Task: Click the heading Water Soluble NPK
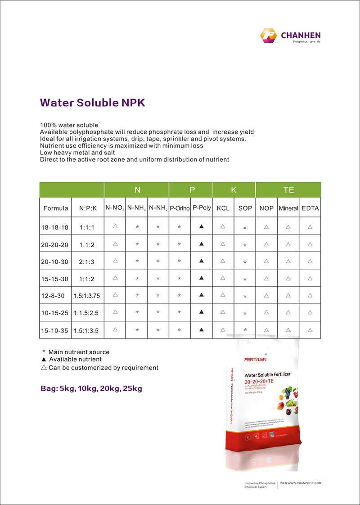click(x=93, y=103)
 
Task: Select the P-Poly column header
click(x=202, y=208)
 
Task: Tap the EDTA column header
click(x=310, y=208)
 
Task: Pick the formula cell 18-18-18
click(x=54, y=227)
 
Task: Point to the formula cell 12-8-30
click(x=54, y=296)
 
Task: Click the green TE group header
click(x=288, y=190)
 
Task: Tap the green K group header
click(x=234, y=190)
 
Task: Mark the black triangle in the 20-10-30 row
click(x=202, y=261)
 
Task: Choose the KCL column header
click(x=223, y=208)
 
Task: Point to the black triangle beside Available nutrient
click(x=44, y=360)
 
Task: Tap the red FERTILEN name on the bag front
click(x=255, y=359)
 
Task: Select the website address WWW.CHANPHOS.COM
click(x=301, y=483)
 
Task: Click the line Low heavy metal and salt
click(x=77, y=153)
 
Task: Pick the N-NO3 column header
click(x=115, y=208)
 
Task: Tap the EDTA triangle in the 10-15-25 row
click(x=310, y=312)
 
